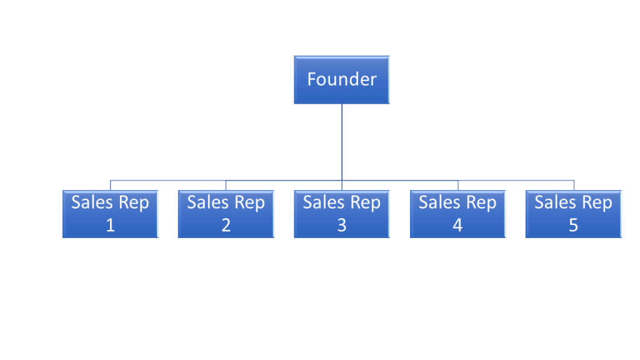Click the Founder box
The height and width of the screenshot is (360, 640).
coord(342,79)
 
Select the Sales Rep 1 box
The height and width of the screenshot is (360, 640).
coord(110,214)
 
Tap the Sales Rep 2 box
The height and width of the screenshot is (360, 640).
coord(226,214)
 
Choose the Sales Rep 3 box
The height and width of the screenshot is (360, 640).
coord(342,214)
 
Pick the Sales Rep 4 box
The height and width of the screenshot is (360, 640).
coord(457,214)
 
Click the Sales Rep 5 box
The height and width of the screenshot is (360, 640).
coord(574,214)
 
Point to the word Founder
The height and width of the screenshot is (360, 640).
coord(342,79)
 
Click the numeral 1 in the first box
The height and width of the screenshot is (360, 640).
coord(110,225)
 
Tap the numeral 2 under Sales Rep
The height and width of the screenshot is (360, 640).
coord(226,225)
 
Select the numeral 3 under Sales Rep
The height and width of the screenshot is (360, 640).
coord(342,225)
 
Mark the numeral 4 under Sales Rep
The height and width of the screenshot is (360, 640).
coord(457,225)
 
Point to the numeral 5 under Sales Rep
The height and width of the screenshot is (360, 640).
coord(574,225)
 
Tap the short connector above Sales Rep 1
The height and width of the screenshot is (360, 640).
coord(110,185)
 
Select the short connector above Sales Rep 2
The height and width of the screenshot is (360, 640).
coord(226,185)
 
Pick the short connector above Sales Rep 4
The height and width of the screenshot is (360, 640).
coord(458,185)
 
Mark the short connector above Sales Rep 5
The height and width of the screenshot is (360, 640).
coord(574,185)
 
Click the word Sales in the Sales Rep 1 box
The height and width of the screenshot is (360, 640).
coord(92,202)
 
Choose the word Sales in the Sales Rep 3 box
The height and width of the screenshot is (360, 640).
coord(324,202)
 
